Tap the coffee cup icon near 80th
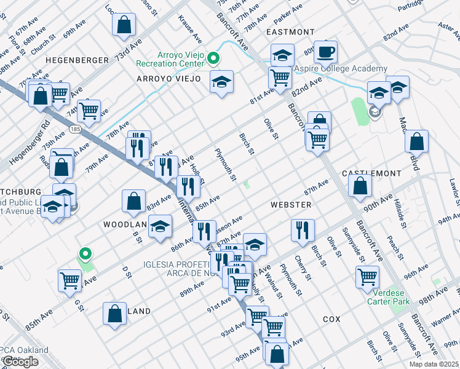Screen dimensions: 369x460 pos(326,52)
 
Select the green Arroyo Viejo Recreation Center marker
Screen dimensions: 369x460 pos(213,59)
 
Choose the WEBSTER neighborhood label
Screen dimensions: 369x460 pos(290,204)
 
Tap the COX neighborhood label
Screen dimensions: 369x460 pos(331,320)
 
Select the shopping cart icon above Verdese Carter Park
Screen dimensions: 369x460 pos(367,277)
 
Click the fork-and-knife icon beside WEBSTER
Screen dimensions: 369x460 pos(302,230)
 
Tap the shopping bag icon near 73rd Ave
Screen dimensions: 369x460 pos(124,25)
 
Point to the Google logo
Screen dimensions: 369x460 pos(20,362)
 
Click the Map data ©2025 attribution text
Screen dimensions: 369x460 pos(434,364)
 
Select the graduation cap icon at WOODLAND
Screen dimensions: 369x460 pos(161,227)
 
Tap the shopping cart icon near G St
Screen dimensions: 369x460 pos(69,280)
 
